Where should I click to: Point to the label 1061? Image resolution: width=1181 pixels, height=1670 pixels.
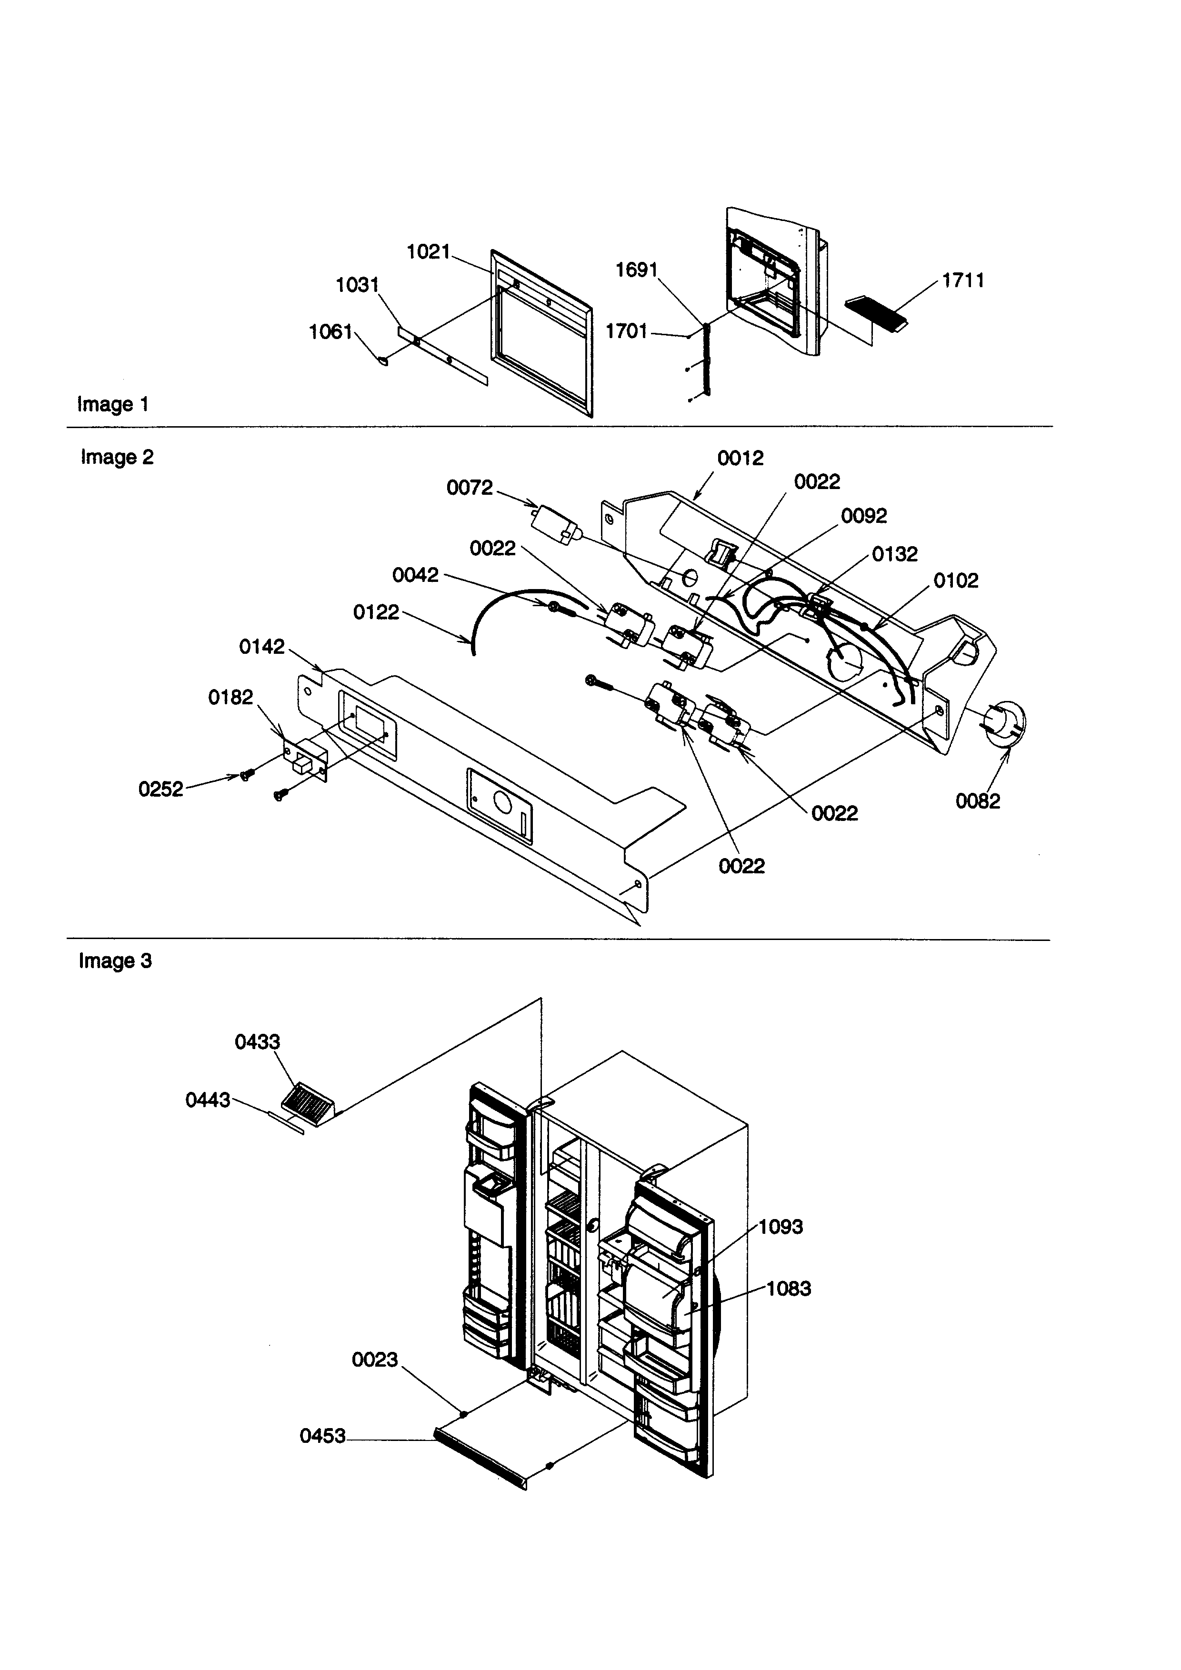[330, 332]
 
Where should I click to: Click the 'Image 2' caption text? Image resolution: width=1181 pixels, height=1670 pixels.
[117, 458]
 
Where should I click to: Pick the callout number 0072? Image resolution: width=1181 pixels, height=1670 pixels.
[469, 487]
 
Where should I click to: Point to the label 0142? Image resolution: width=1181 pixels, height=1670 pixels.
[262, 647]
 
